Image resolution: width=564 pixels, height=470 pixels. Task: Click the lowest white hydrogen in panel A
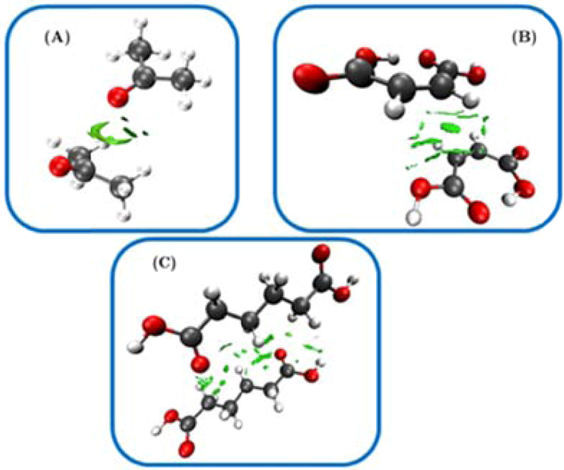click(124, 216)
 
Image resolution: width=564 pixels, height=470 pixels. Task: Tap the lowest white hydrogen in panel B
click(414, 217)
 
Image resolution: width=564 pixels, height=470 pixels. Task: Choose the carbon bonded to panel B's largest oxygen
click(360, 75)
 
